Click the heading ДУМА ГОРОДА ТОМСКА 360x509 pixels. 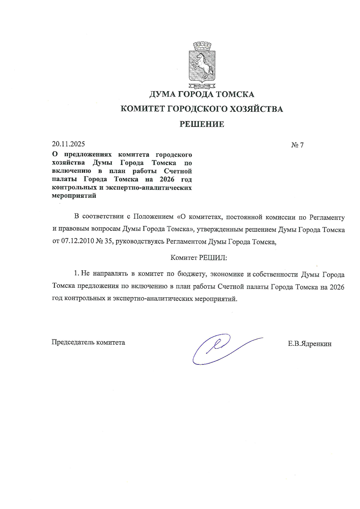pos(202,94)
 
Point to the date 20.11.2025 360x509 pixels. pos(68,144)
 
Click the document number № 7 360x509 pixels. pos(297,145)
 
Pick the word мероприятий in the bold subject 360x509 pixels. pos(74,196)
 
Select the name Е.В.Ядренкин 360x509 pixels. pos(310,344)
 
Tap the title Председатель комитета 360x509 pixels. pos(88,342)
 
